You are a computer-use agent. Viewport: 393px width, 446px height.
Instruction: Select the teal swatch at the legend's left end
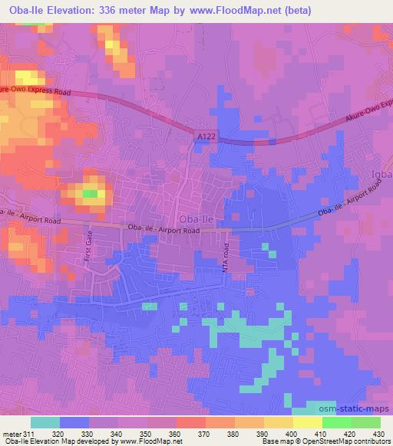coord(45,421)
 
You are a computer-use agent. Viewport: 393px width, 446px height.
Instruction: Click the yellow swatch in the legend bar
coord(308,421)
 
